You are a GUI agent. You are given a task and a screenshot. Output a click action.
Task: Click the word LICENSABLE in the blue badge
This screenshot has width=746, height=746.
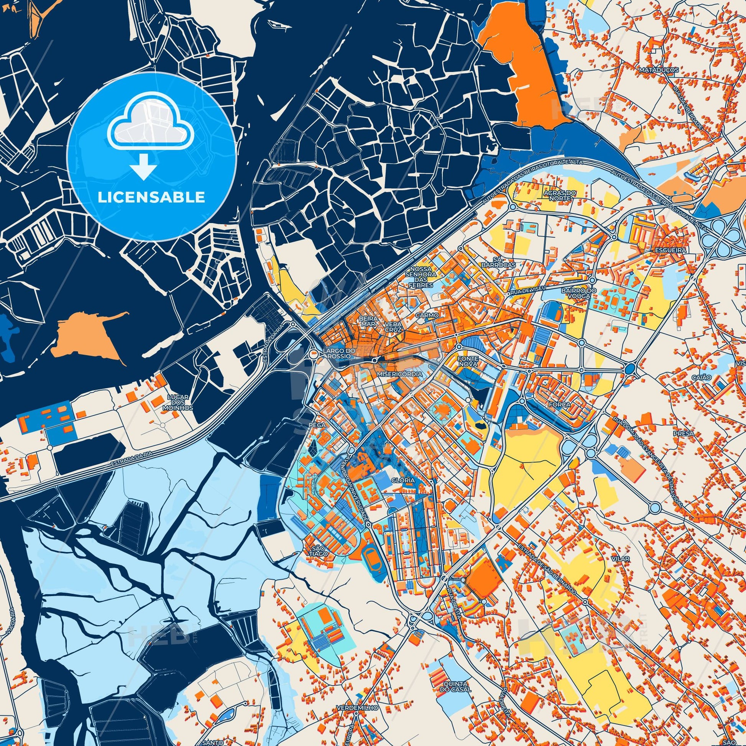151,197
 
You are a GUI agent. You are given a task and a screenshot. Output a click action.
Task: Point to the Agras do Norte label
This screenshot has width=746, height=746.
556,196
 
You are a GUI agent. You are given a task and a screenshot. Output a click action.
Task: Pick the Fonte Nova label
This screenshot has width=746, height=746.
468,361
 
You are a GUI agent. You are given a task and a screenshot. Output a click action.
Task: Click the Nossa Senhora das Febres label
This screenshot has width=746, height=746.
421,277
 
